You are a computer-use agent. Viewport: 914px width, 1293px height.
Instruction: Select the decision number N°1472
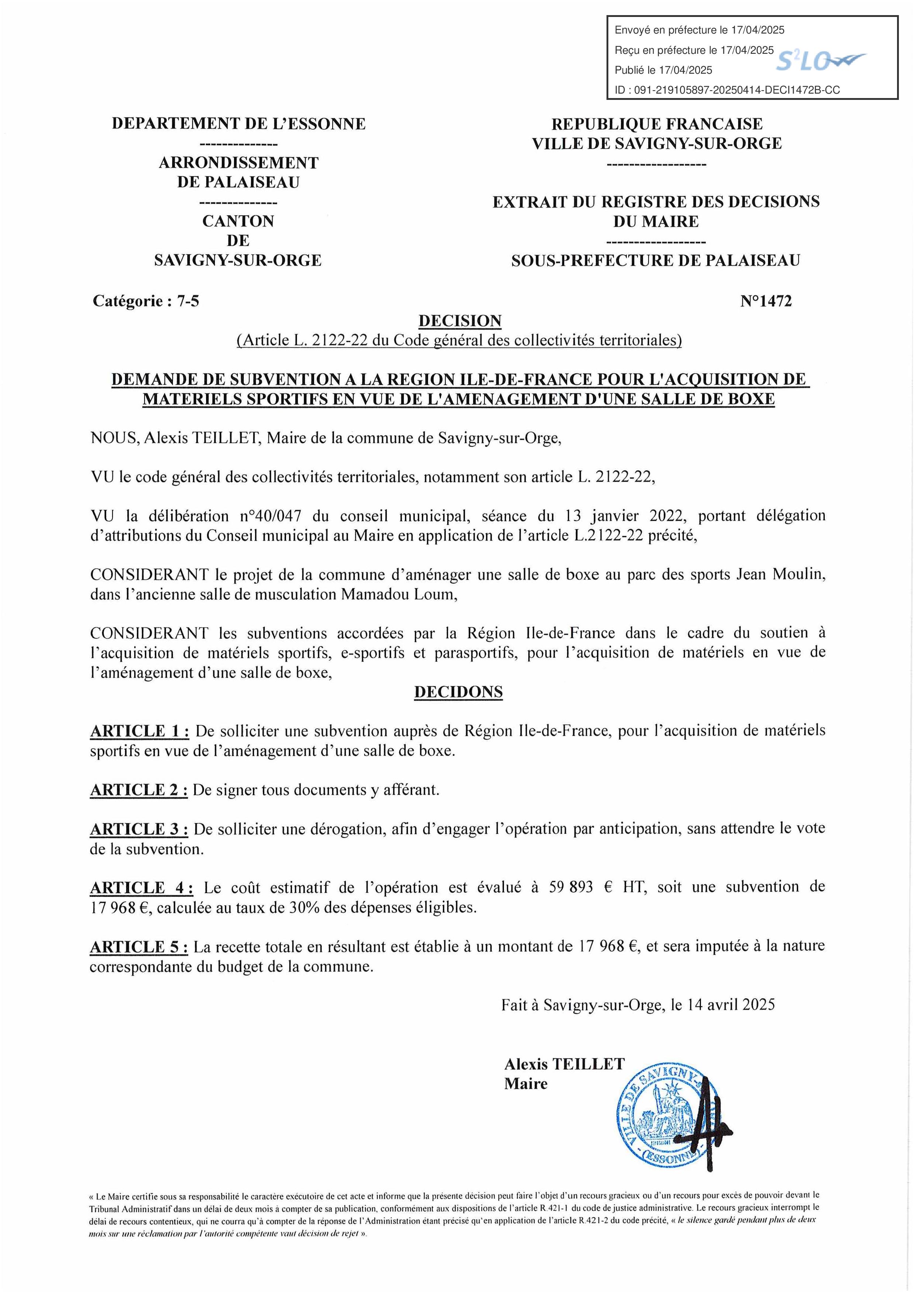(765, 301)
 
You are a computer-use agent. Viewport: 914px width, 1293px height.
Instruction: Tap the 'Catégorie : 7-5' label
(146, 301)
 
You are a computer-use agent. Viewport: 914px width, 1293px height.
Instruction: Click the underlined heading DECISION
(459, 321)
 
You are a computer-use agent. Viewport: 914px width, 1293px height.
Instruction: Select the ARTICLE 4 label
(141, 888)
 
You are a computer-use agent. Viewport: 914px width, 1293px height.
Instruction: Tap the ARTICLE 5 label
(139, 947)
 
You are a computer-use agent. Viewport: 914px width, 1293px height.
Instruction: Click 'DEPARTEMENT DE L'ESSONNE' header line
(239, 123)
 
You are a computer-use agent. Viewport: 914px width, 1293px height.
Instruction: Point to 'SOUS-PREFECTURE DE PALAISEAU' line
(656, 260)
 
